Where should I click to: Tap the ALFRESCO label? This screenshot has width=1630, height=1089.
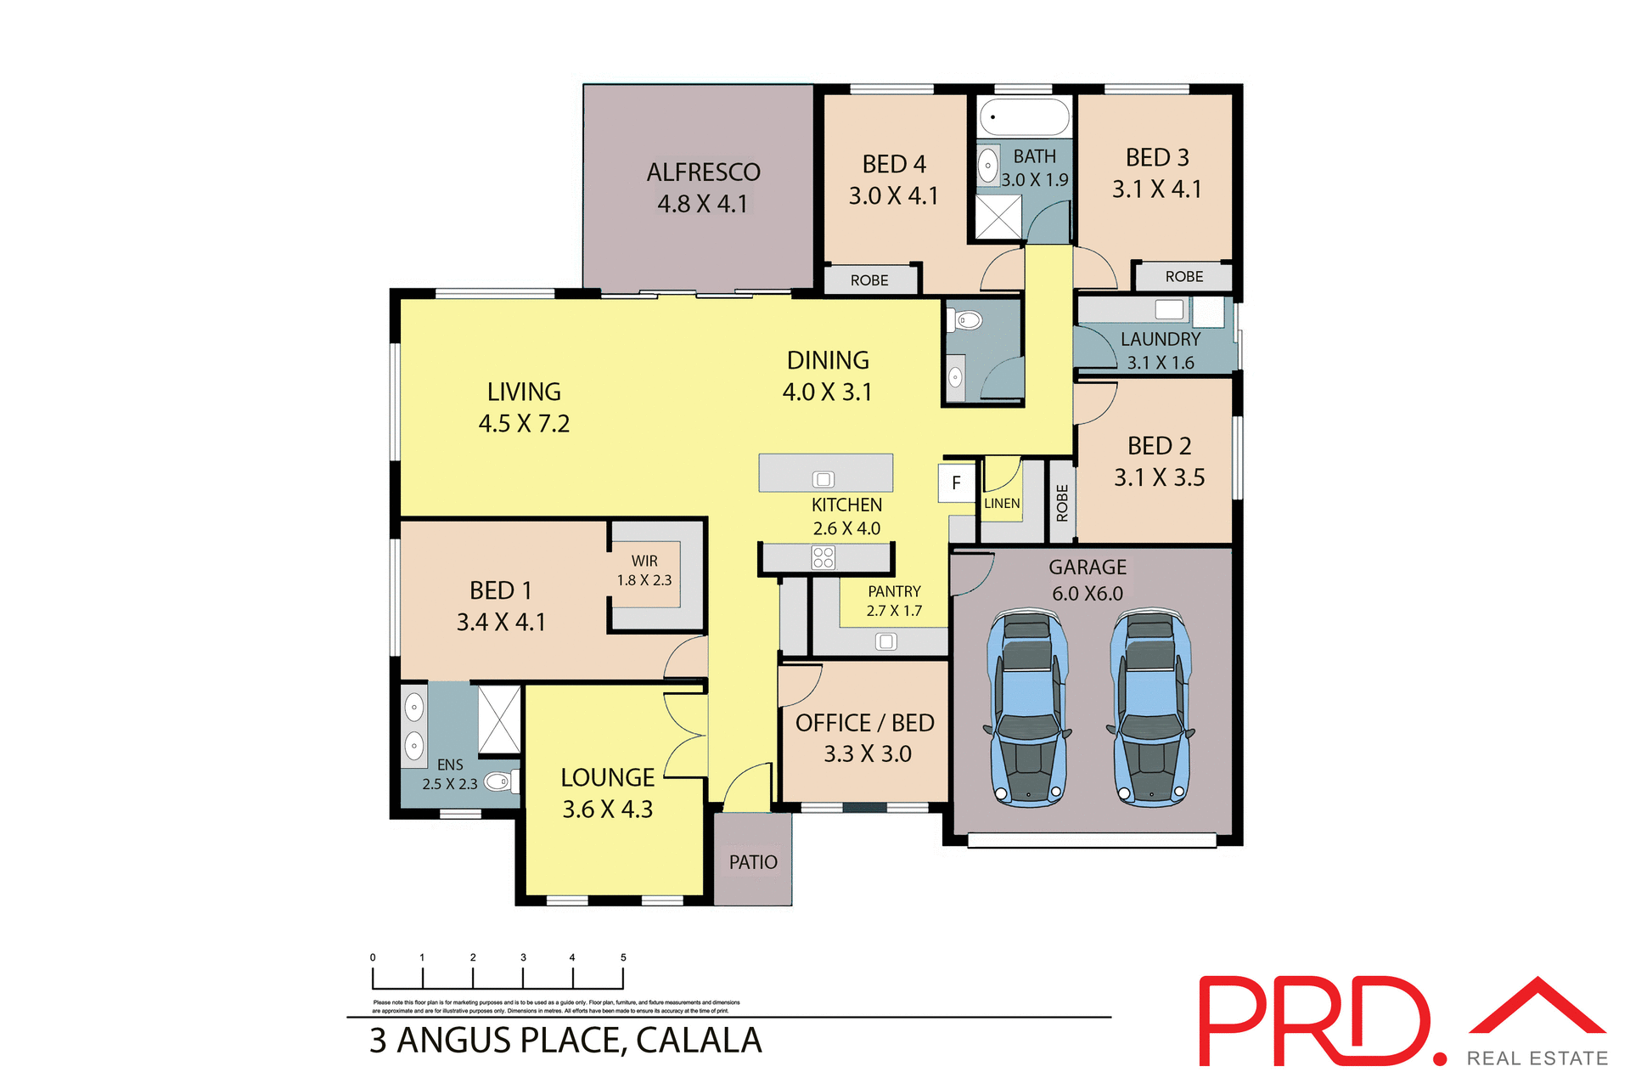703,172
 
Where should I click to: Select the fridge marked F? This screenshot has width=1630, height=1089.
956,483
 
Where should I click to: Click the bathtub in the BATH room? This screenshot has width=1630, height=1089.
1024,116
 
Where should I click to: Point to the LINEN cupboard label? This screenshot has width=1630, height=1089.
1002,504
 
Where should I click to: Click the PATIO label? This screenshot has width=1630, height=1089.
753,862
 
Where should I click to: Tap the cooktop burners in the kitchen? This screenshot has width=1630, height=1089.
823,557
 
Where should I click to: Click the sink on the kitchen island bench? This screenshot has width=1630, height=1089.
823,479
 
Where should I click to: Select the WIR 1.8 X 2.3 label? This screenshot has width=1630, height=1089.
644,571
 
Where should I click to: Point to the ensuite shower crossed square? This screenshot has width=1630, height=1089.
499,719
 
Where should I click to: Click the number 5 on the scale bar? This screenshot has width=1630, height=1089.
623,957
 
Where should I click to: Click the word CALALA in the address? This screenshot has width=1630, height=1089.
698,1041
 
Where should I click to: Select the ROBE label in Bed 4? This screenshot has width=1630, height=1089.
869,280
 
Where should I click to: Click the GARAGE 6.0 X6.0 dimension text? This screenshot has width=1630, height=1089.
1088,594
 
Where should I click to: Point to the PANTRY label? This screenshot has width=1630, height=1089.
894,591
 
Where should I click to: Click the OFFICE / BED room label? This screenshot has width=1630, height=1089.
864,723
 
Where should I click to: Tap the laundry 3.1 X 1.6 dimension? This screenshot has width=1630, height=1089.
1160,363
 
